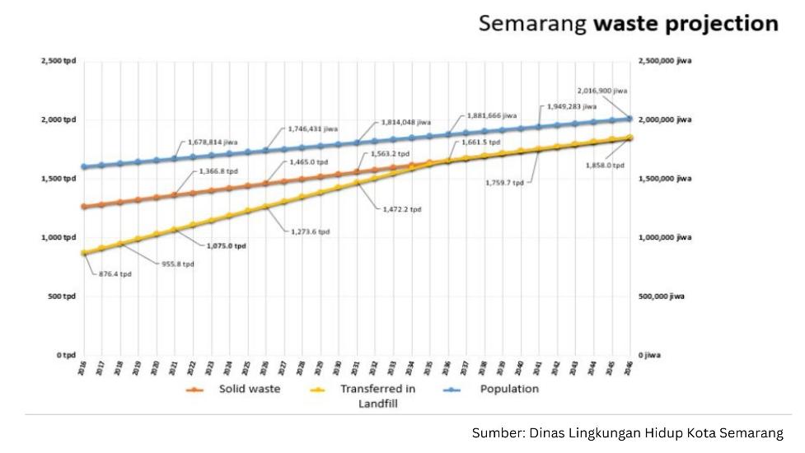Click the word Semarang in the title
[x=532, y=23]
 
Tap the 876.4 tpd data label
[x=115, y=274]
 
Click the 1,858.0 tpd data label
[x=606, y=166]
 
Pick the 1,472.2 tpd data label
[x=402, y=210]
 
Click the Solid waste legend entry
[x=249, y=389]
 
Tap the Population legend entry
[x=509, y=389]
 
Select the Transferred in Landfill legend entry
[x=377, y=395]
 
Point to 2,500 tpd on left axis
[x=58, y=61]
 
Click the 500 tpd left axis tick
[x=61, y=296]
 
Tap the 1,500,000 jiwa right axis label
[x=664, y=179]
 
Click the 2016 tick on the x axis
[x=82, y=368]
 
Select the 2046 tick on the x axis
[x=629, y=368]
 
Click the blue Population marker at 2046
[x=629, y=119]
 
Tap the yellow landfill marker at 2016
[x=83, y=253]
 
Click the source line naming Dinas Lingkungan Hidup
[x=626, y=432]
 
